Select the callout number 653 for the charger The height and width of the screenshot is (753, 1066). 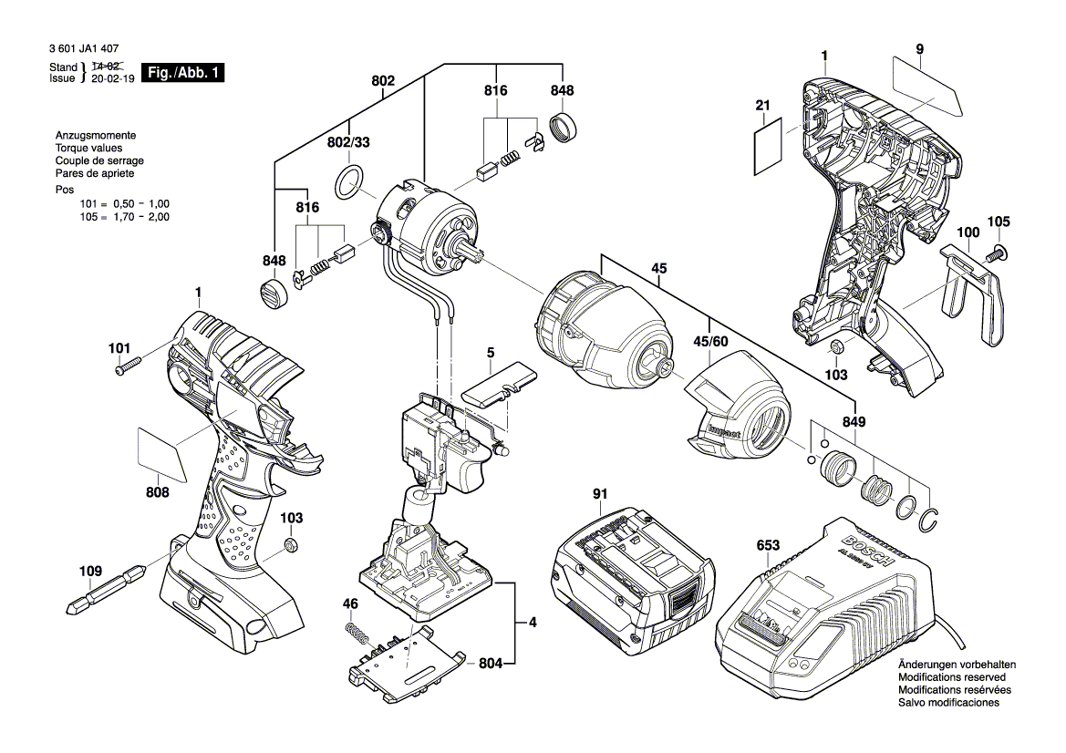[x=768, y=545]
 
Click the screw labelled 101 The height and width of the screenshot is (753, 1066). [x=129, y=366]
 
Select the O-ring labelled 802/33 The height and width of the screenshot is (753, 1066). [x=350, y=183]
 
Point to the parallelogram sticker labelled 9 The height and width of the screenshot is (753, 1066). [x=926, y=84]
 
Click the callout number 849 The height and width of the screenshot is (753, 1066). [x=854, y=422]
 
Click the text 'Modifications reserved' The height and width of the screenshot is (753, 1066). [x=951, y=678]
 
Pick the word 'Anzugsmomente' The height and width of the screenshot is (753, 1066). [x=95, y=135]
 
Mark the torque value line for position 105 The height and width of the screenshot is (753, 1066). [x=125, y=217]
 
